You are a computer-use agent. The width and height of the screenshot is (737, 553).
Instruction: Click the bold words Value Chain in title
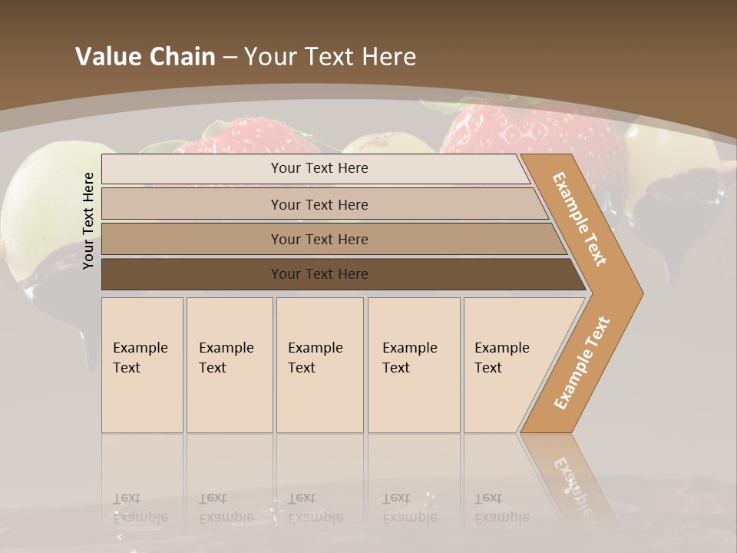(145, 57)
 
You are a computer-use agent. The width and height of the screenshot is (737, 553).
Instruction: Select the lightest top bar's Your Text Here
(319, 168)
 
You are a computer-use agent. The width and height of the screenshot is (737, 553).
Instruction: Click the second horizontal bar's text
(319, 204)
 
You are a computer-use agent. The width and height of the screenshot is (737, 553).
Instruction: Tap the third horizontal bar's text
(319, 239)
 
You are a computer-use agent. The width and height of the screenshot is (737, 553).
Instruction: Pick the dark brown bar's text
(319, 274)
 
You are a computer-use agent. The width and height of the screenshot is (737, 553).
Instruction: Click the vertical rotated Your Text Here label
(89, 220)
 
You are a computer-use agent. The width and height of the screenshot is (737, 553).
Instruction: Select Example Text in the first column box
(140, 357)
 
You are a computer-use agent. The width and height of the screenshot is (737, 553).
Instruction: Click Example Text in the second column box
(226, 357)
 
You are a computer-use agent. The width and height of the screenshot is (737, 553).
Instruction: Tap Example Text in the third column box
(315, 357)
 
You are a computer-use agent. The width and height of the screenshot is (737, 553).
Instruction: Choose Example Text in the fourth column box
(409, 357)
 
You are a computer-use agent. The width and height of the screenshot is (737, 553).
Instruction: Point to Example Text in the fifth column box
(501, 357)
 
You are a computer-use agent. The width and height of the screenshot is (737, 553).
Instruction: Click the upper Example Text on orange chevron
(580, 219)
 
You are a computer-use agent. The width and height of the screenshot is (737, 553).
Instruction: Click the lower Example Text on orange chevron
(582, 363)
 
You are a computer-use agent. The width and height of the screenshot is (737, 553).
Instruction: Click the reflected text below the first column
(140, 507)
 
